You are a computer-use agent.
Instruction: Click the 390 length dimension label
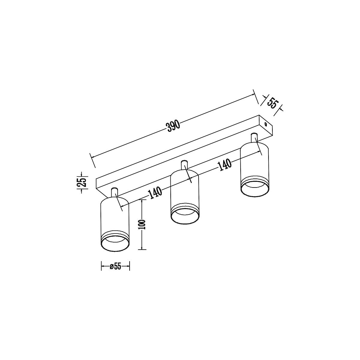173,126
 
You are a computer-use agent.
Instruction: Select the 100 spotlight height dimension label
142,225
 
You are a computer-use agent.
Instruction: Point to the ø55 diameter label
115,267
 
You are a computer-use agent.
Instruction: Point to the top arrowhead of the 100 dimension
142,201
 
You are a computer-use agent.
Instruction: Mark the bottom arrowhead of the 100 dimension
142,247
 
